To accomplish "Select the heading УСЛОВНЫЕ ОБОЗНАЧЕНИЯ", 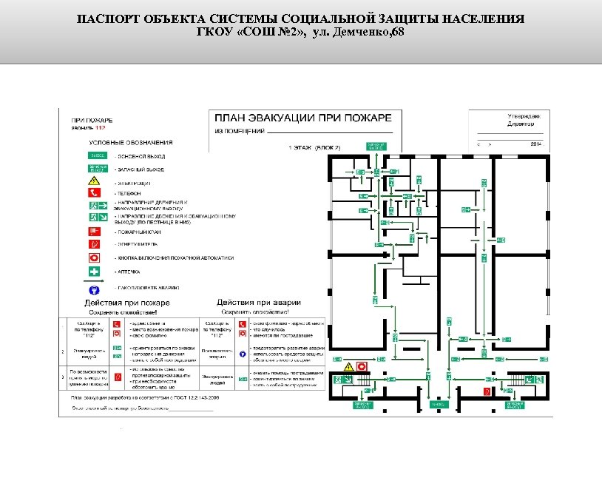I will [x=131, y=142].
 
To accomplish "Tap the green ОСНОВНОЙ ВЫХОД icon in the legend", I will [x=98, y=156].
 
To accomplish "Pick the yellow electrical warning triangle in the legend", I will [x=95, y=181].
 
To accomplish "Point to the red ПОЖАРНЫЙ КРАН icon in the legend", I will [x=95, y=231].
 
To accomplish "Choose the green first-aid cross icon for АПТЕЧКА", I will [x=95, y=272].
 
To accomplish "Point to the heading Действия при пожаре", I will [x=127, y=303].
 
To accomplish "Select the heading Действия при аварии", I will [x=258, y=303].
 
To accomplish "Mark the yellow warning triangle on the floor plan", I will [x=348, y=367].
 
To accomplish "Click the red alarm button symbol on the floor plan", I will [x=362, y=366].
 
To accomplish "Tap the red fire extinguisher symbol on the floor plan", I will [x=486, y=390].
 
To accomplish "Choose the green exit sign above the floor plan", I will [x=376, y=145].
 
